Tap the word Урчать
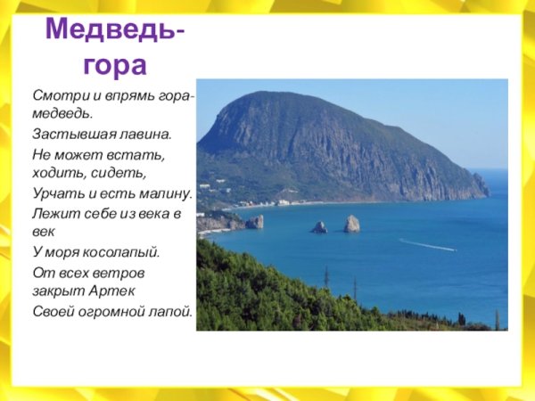tap(54, 193)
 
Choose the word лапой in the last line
tap(171, 311)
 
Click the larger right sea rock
tap(352, 224)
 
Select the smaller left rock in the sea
tap(318, 227)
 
